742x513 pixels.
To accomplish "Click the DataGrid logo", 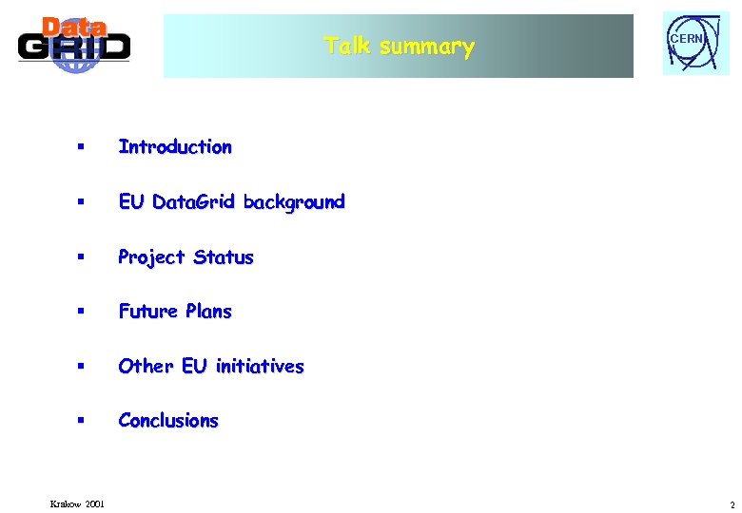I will [73, 44].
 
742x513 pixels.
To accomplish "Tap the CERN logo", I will [694, 44].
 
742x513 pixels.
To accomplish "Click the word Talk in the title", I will [347, 47].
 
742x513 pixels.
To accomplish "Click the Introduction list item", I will [175, 147].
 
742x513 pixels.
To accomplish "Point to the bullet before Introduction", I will [82, 147].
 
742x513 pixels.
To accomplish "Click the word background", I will [294, 202].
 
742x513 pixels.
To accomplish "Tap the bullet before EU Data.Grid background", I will [82, 202].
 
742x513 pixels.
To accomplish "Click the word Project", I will [152, 257].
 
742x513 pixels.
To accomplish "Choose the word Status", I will [224, 257].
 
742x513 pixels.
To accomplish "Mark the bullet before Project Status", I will [82, 257].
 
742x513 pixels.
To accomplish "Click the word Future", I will [148, 312].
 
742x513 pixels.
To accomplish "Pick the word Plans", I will [208, 312].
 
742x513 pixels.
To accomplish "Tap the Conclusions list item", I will [168, 421].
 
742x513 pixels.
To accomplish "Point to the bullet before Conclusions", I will [82, 421].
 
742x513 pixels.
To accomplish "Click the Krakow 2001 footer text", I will [78, 503].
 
